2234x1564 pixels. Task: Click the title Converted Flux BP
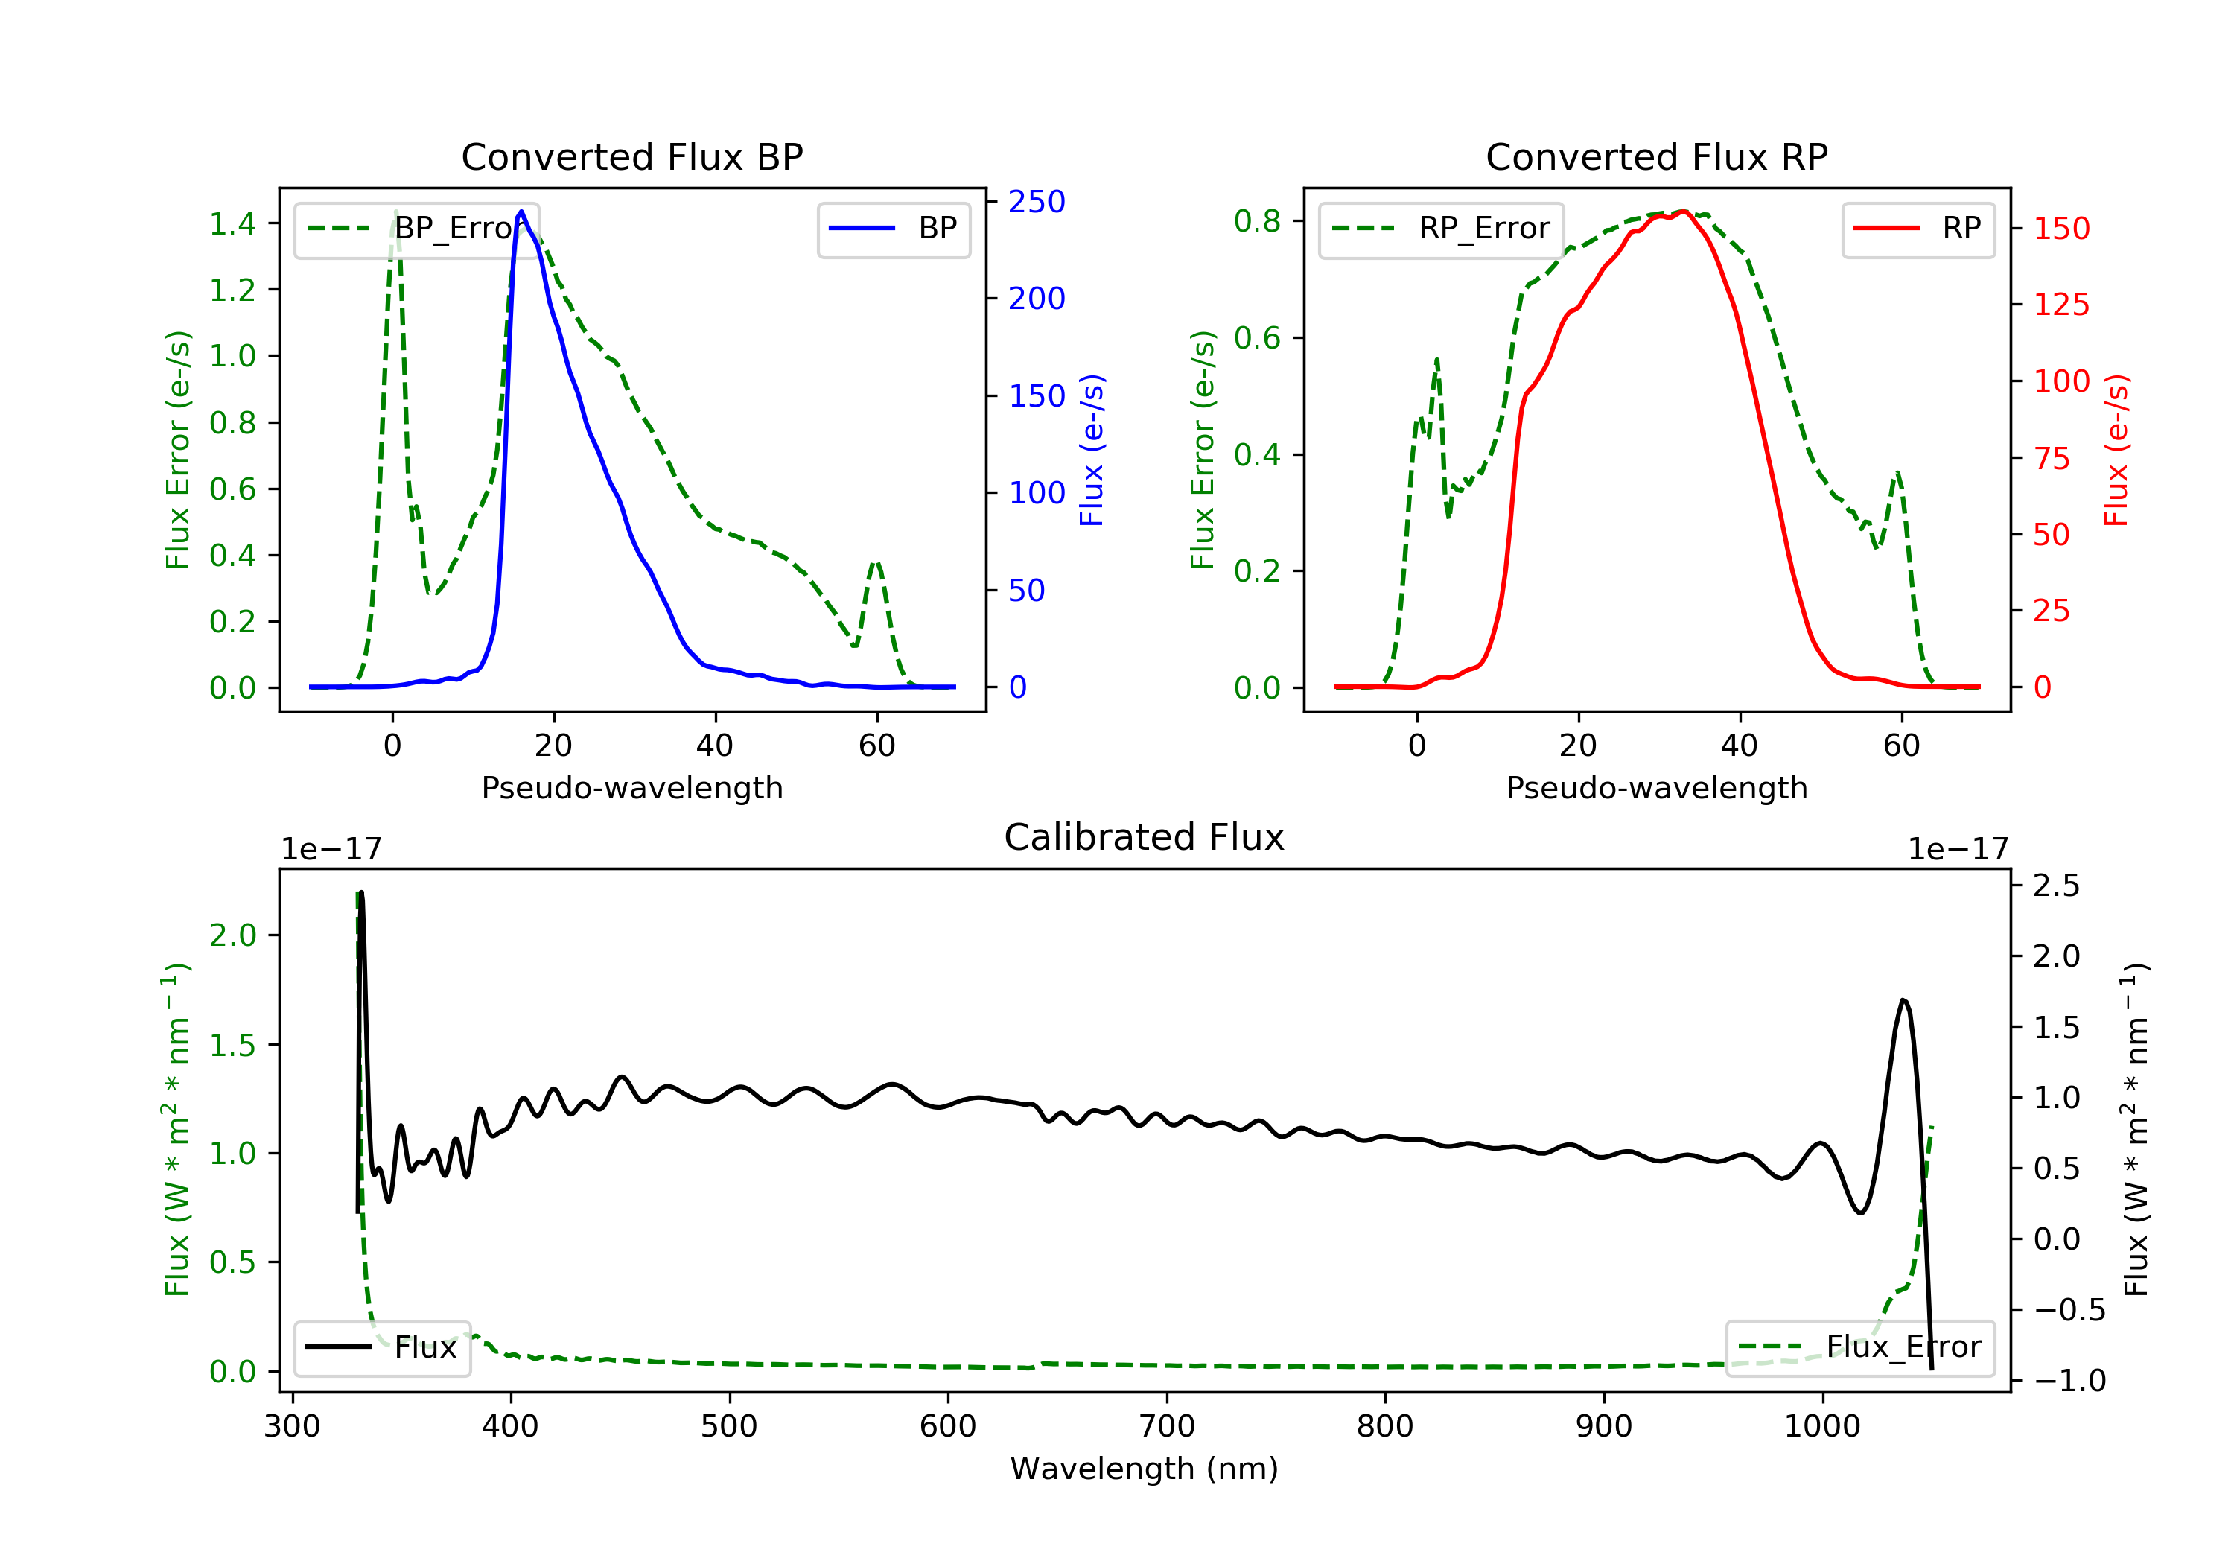[x=631, y=156]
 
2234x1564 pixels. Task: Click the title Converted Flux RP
[x=1656, y=156]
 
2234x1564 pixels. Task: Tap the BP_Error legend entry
[x=416, y=229]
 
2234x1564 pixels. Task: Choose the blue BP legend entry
[x=893, y=229]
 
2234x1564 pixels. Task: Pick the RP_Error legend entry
[x=1441, y=229]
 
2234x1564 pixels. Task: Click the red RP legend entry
[x=1918, y=229]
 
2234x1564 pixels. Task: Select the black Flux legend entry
[x=383, y=1347]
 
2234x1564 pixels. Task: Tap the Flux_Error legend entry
[x=1859, y=1347]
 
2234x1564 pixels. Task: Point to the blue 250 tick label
[x=1037, y=202]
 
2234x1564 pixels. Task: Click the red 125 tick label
[x=2060, y=305]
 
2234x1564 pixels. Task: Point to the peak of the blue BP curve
[x=521, y=212]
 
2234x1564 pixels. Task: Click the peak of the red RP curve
[x=1683, y=212]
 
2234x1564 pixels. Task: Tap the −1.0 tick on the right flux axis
[x=2069, y=1380]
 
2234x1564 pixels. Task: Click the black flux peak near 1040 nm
[x=1903, y=1000]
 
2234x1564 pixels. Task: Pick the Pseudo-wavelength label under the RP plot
[x=1656, y=787]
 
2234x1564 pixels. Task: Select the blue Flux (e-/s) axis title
[x=1092, y=450]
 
